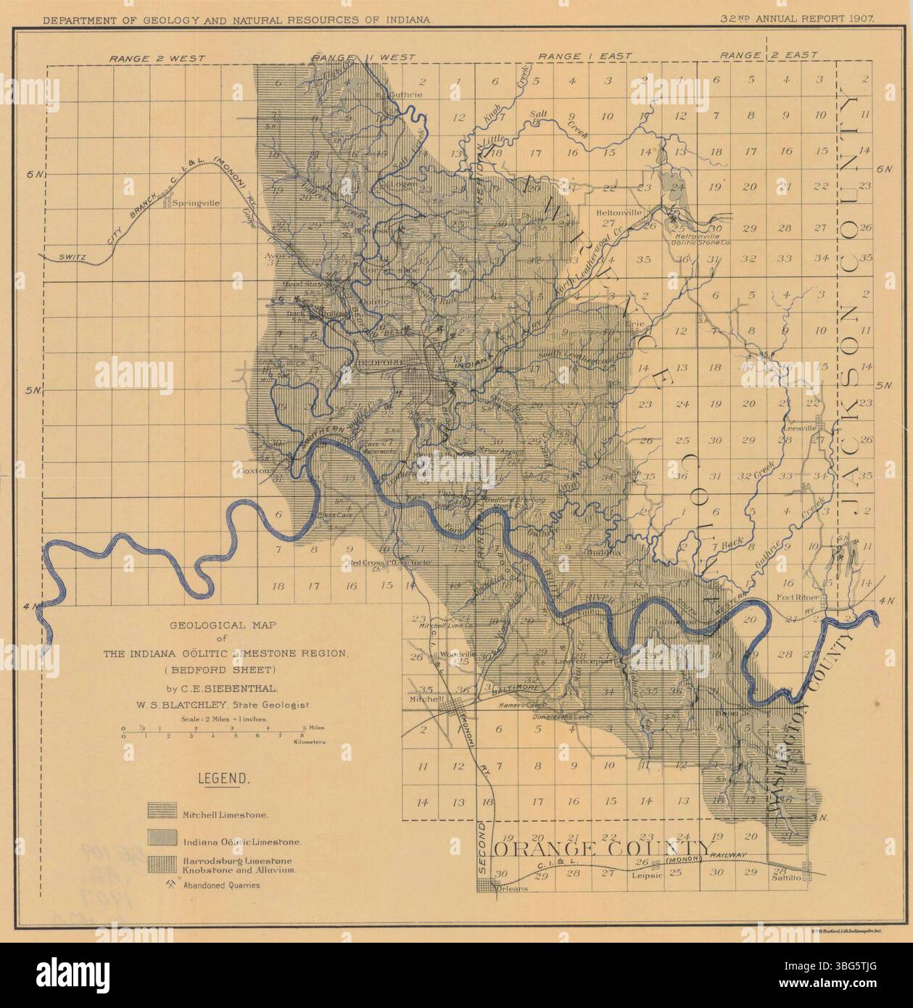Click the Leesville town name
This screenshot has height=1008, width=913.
800,428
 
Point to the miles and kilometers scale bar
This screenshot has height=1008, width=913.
224,731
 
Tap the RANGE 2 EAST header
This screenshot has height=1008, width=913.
769,55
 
